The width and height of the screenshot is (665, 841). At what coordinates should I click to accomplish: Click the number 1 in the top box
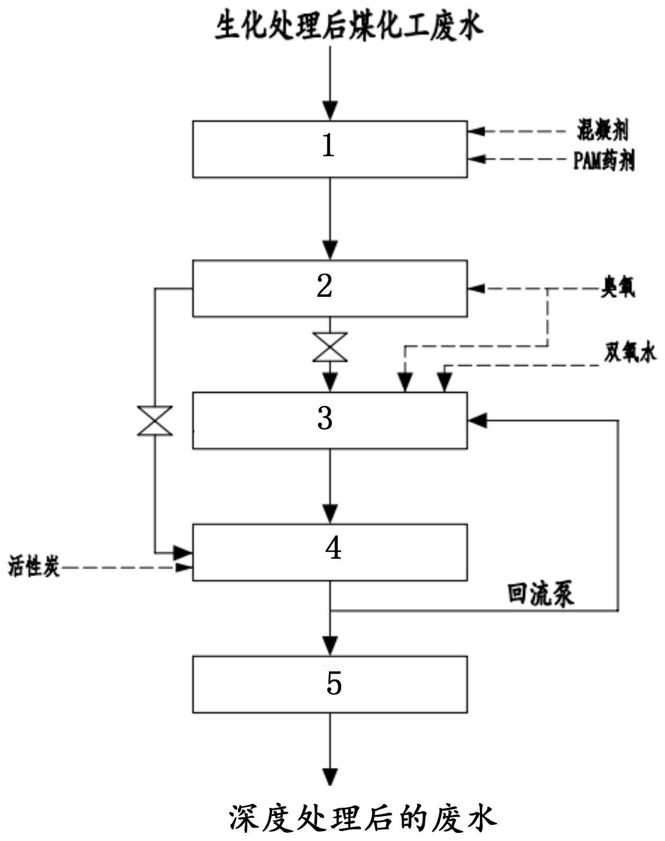328,146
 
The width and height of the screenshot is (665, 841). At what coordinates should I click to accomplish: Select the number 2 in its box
325,286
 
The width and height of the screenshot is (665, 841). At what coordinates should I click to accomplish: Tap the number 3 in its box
325,418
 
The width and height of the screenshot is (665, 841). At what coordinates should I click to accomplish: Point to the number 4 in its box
333,548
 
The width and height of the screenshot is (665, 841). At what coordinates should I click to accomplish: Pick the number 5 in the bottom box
334,683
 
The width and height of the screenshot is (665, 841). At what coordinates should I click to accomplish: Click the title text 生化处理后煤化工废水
349,27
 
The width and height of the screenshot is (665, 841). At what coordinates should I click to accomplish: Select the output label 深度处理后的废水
362,818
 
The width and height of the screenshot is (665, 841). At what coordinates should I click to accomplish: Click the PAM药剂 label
603,161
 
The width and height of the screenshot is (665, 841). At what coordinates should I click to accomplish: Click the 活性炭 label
34,566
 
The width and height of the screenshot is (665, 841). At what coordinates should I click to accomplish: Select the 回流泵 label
541,595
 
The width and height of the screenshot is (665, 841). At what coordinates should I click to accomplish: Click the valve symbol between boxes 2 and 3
330,347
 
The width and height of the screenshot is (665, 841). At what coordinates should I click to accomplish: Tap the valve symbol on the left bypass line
155,420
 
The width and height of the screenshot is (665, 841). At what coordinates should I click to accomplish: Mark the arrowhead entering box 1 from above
330,110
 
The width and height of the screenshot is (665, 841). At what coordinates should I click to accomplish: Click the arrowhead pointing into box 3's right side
477,420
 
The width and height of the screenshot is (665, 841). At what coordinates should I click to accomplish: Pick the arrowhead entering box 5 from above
330,645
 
